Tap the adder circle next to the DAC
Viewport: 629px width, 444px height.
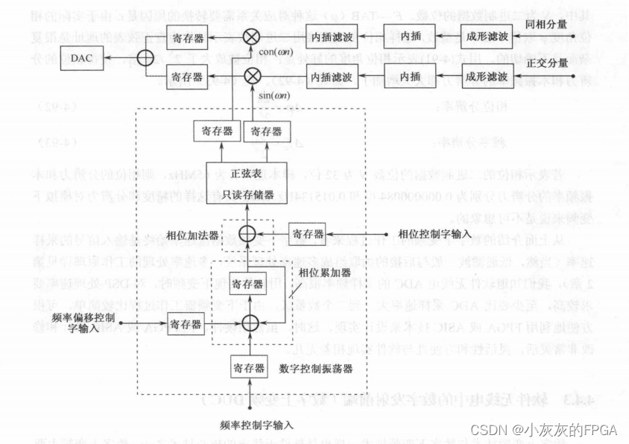tap(135, 56)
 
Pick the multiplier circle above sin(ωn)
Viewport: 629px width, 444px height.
tap(253, 76)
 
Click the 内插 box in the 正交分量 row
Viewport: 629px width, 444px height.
tap(411, 76)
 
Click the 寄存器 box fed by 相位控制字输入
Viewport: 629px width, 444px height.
tap(309, 233)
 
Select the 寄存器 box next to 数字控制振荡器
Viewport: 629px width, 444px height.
tap(247, 367)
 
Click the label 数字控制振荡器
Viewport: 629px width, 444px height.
tap(315, 367)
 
